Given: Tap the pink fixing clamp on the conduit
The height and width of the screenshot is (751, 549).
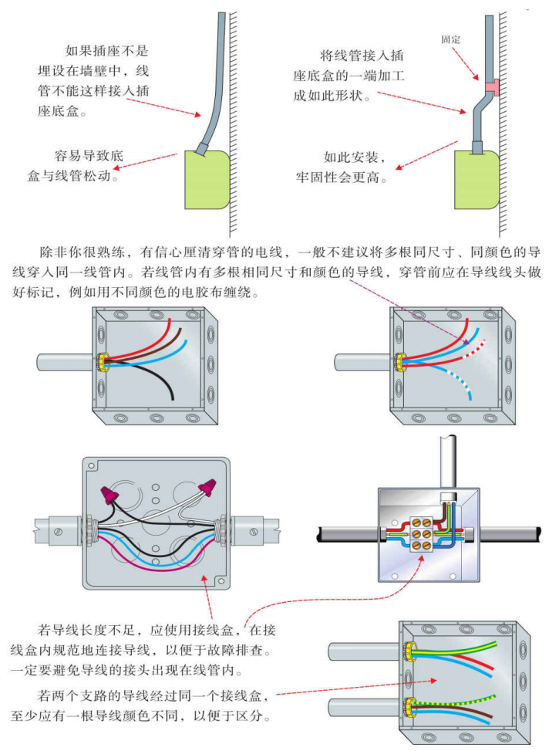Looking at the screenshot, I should click(491, 86).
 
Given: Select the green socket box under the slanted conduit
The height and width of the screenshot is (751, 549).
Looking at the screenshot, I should click(206, 178).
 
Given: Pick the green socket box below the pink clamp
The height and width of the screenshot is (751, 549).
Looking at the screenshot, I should click(475, 178).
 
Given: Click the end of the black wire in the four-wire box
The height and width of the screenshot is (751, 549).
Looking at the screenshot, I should click(171, 397).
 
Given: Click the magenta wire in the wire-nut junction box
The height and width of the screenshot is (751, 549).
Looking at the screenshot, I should click(154, 555).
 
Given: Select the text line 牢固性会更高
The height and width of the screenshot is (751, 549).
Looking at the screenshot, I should click(340, 178).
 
